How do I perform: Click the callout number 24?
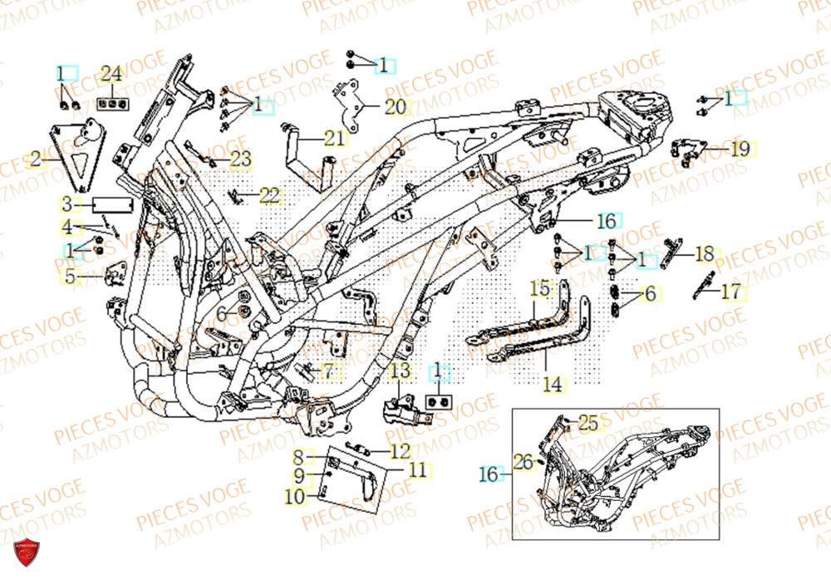[111, 73]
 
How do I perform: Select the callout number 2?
[36, 156]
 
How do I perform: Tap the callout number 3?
[66, 203]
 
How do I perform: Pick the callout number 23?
[240, 158]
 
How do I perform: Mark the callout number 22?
[269, 196]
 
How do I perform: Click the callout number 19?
[740, 150]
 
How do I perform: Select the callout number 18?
[704, 253]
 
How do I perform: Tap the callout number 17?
[730, 292]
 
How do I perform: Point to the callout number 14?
[553, 385]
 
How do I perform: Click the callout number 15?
[540, 289]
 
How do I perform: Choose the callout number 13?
[400, 370]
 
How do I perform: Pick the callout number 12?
[400, 452]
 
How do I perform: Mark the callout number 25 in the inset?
[588, 424]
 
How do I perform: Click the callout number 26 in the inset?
[523, 461]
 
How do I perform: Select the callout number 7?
[328, 370]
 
